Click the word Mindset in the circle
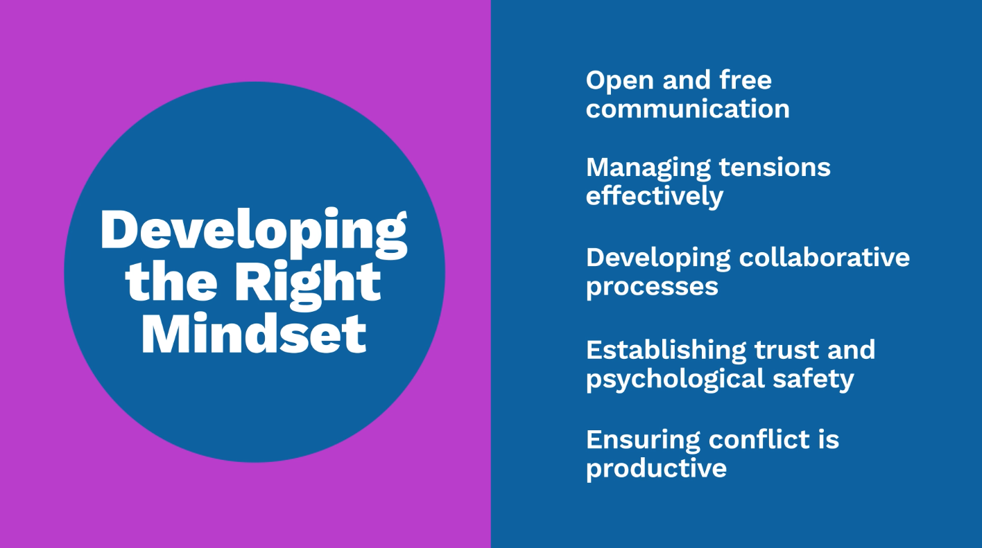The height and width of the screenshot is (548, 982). tap(254, 333)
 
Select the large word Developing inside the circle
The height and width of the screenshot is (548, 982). tap(254, 232)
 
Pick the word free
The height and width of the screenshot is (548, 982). tap(746, 80)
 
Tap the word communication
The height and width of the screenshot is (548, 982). tap(687, 109)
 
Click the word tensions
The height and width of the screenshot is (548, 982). tap(775, 168)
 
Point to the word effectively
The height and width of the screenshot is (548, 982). tap(655, 196)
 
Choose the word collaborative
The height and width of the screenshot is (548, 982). tap(824, 257)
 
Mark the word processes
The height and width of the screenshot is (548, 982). tap(652, 288)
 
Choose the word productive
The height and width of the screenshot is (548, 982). tap(656, 469)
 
